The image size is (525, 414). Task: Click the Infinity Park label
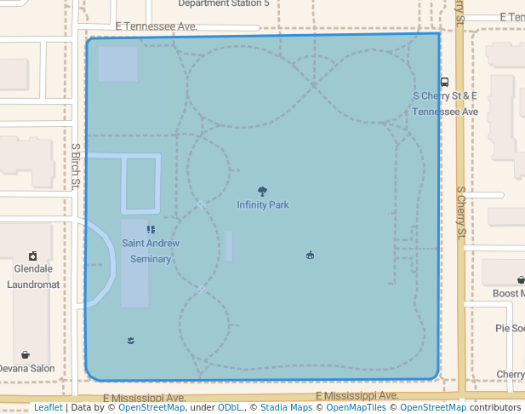pyautogui.click(x=263, y=205)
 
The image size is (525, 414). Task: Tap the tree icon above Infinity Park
pyautogui.click(x=261, y=192)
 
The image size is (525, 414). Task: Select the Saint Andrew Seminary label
pyautogui.click(x=151, y=250)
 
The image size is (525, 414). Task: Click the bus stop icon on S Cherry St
pyautogui.click(x=444, y=83)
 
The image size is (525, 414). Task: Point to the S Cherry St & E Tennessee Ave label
pyautogui.click(x=445, y=104)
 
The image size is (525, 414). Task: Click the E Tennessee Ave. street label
pyautogui.click(x=156, y=27)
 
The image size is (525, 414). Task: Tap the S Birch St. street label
pyautogui.click(x=76, y=165)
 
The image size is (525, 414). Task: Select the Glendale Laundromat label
pyautogui.click(x=33, y=276)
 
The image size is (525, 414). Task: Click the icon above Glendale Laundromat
pyautogui.click(x=32, y=256)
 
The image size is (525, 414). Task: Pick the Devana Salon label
pyautogui.click(x=26, y=369)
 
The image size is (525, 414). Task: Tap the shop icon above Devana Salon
pyautogui.click(x=26, y=354)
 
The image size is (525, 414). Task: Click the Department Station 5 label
pyautogui.click(x=224, y=3)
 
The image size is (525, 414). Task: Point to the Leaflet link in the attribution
pyautogui.click(x=48, y=407)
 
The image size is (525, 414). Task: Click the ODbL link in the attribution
pyautogui.click(x=230, y=407)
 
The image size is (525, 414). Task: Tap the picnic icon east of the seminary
pyautogui.click(x=310, y=255)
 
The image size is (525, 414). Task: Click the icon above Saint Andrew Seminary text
pyautogui.click(x=151, y=229)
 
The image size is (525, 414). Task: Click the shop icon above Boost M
pyautogui.click(x=520, y=279)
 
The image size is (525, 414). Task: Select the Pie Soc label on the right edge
pyautogui.click(x=510, y=328)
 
